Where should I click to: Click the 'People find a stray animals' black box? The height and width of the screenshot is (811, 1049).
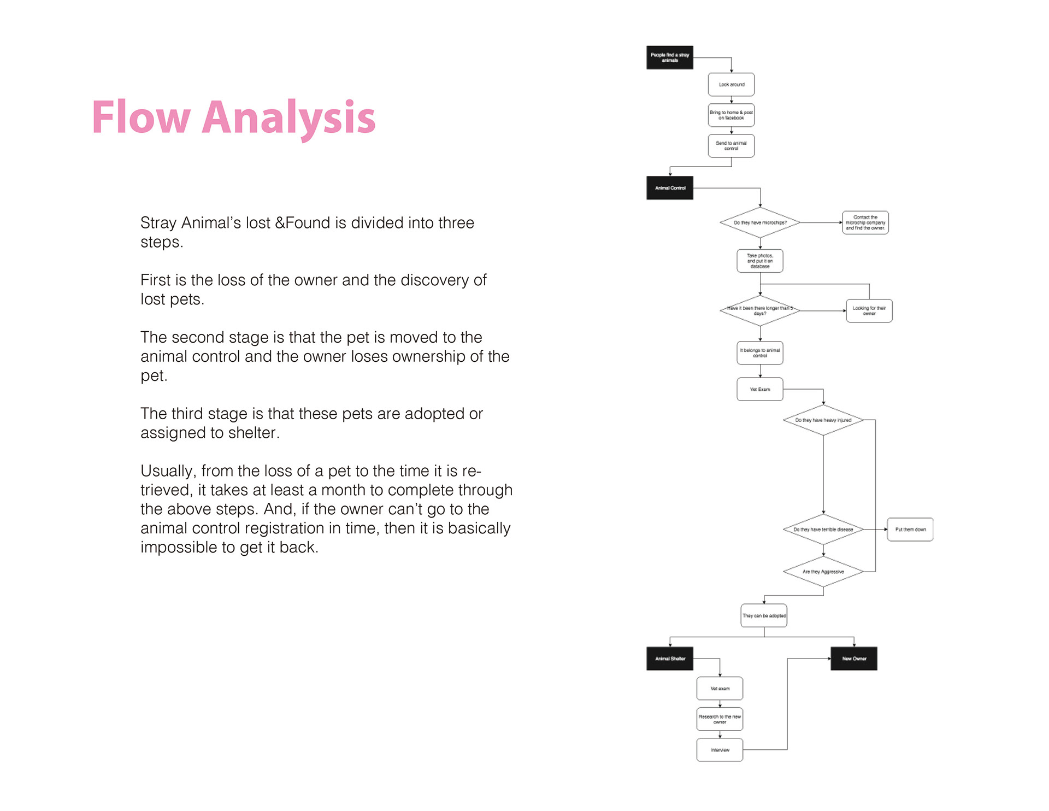pyautogui.click(x=669, y=57)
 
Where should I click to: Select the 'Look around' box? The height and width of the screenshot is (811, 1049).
pyautogui.click(x=731, y=85)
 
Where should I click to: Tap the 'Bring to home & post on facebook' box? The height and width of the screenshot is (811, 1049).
pyautogui.click(x=731, y=115)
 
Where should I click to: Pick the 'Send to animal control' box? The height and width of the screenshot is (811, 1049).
pyautogui.click(x=731, y=146)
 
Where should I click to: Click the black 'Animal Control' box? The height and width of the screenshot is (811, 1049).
pyautogui.click(x=669, y=188)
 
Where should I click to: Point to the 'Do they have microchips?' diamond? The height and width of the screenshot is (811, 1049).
pyautogui.click(x=760, y=222)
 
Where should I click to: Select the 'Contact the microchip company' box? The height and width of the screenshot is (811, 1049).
pyautogui.click(x=865, y=222)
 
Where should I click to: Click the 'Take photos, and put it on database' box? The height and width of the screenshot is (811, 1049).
pyautogui.click(x=760, y=261)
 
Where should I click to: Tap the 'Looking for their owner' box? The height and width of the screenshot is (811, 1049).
pyautogui.click(x=869, y=311)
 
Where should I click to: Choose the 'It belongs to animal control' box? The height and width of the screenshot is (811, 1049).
pyautogui.click(x=760, y=353)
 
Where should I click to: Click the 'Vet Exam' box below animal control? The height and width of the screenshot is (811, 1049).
pyautogui.click(x=760, y=389)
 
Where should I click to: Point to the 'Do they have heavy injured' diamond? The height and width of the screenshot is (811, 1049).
pyautogui.click(x=823, y=420)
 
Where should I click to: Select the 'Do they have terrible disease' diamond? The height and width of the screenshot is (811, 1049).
pyautogui.click(x=823, y=530)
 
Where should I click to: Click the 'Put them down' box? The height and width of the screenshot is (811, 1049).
pyautogui.click(x=910, y=530)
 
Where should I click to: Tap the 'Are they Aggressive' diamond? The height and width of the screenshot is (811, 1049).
pyautogui.click(x=823, y=572)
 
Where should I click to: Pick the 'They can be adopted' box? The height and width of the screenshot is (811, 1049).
pyautogui.click(x=764, y=615)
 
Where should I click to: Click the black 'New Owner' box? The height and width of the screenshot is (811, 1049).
pyautogui.click(x=854, y=659)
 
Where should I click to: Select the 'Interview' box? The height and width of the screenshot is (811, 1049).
pyautogui.click(x=720, y=750)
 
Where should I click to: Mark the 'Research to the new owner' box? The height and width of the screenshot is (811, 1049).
pyautogui.click(x=720, y=719)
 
